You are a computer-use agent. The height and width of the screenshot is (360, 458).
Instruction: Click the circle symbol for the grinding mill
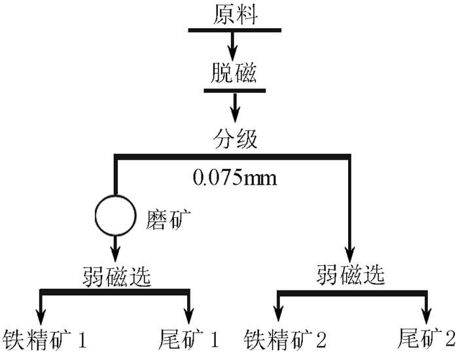[115, 216]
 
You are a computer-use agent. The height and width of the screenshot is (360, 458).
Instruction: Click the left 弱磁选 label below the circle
[116, 276]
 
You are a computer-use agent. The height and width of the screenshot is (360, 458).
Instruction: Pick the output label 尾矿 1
[188, 339]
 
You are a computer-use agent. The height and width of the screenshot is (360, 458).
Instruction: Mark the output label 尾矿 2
[426, 339]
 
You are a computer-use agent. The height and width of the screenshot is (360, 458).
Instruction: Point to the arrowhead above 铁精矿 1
[43, 312]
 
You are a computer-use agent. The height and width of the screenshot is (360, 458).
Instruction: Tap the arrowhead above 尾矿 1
[190, 312]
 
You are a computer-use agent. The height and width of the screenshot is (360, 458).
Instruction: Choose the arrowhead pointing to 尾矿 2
[427, 312]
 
